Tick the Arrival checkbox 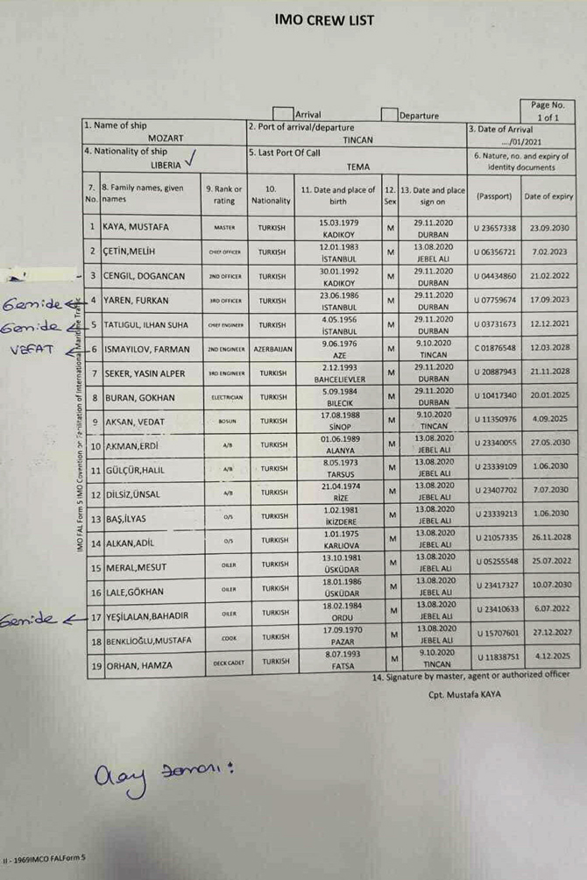283,113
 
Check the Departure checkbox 389,114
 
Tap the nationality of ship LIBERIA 167,165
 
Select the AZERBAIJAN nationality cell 273,349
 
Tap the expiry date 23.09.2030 548,227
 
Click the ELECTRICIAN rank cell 224,397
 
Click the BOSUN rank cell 224,422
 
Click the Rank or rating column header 223,194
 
